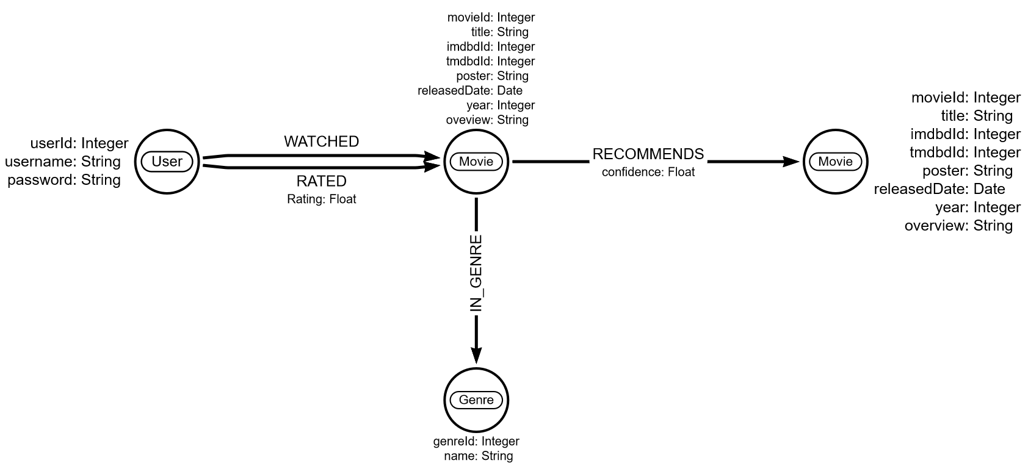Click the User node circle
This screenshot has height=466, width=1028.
(167, 162)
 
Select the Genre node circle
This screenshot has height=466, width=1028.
(476, 400)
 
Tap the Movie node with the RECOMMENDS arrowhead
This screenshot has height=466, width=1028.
(835, 162)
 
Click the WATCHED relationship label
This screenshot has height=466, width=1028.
(321, 142)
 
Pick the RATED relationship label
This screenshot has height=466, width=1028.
(321, 181)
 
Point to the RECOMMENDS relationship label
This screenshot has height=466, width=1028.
(648, 154)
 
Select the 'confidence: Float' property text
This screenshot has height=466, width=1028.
(648, 172)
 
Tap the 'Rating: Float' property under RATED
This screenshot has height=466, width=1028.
(321, 199)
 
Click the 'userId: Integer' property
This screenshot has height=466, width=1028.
(79, 143)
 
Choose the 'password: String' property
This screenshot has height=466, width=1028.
(64, 180)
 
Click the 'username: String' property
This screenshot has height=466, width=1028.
(63, 162)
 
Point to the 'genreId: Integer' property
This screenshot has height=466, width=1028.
(476, 441)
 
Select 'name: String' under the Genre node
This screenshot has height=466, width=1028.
(479, 456)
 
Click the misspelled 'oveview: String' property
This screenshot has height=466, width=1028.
(487, 120)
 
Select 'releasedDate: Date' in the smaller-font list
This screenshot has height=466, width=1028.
(470, 91)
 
